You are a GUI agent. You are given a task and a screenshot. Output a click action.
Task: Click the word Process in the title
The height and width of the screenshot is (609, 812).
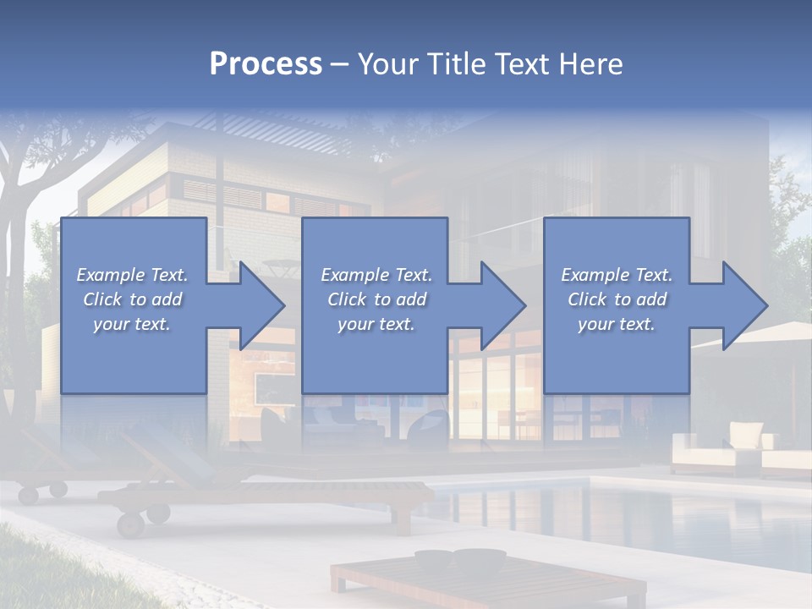point(266,64)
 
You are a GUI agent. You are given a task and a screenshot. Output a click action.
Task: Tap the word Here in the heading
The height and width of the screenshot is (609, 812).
point(590,64)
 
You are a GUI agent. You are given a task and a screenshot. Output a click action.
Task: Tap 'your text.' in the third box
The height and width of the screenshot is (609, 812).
point(617,324)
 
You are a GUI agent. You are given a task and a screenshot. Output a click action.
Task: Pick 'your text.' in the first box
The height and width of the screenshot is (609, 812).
point(132,324)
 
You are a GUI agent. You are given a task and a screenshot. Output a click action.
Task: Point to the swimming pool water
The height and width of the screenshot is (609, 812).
point(643,516)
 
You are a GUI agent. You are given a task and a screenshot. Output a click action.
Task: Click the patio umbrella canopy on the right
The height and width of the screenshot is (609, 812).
point(761,334)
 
